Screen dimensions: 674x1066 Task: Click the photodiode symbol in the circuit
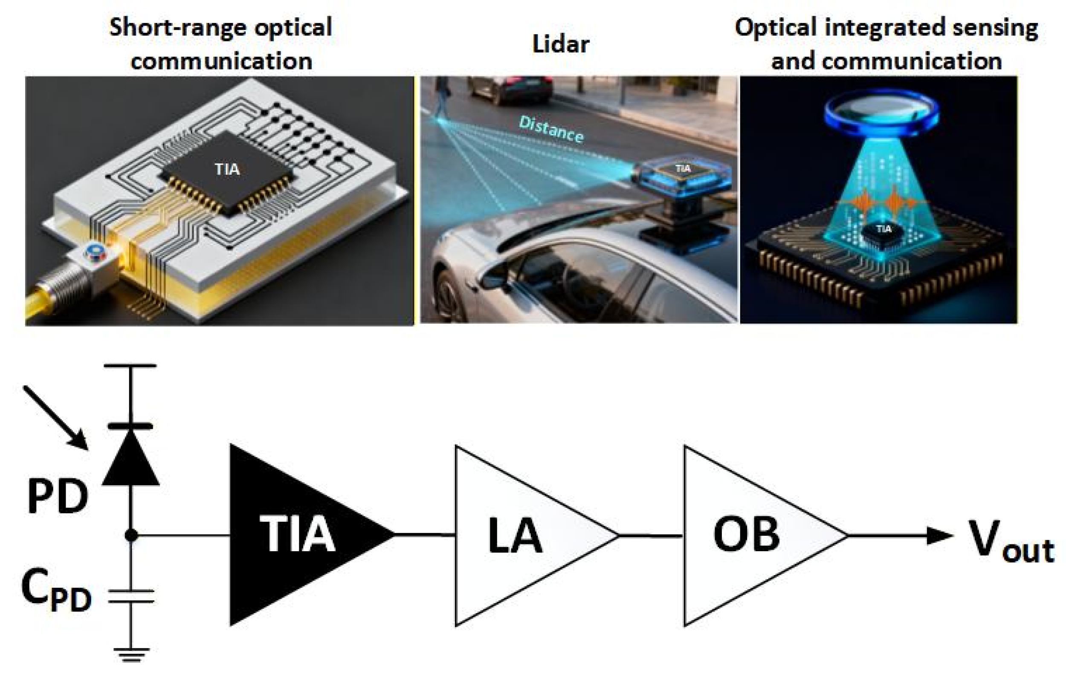(130, 458)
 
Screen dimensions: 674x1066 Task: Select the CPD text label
(56, 591)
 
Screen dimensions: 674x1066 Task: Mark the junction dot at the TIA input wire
(131, 535)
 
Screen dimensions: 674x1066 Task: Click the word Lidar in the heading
(560, 44)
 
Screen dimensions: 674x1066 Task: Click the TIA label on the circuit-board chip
(227, 169)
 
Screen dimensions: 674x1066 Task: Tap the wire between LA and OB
(651, 536)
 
